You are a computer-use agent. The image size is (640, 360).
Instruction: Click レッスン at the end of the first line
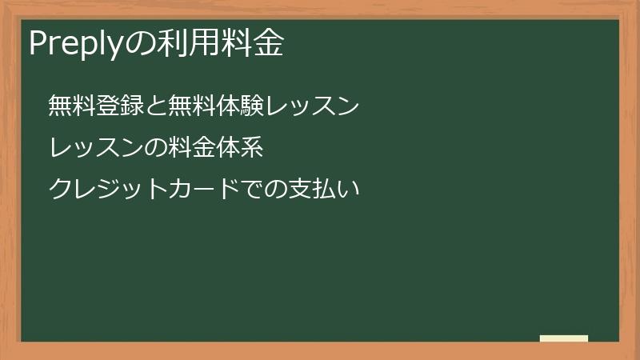point(314,106)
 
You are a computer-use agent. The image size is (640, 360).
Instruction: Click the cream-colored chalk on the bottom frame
point(564,338)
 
